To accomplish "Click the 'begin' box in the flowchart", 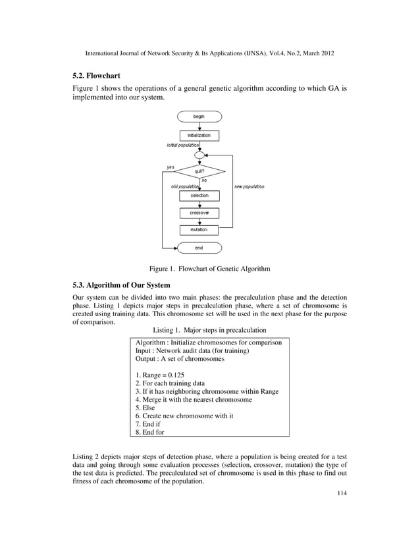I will tap(199, 117).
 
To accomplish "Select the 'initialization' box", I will tap(199, 135).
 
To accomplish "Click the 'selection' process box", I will tap(199, 196).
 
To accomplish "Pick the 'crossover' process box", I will tap(199, 213).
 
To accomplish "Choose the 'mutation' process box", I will tap(199, 230).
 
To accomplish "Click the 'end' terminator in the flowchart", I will tap(199, 248).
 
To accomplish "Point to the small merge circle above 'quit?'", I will tap(199, 155).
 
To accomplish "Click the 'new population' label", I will tap(249, 187).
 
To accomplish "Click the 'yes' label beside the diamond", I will tap(170, 167).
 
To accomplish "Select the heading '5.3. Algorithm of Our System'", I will tap(121, 285).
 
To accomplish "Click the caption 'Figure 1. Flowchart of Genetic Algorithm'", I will tap(209, 269).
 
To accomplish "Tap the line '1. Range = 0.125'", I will tap(160, 374).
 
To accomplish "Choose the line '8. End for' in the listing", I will tap(150, 433).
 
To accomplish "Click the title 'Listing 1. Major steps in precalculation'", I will tap(209, 329).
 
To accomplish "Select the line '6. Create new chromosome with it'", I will tap(182, 416).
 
